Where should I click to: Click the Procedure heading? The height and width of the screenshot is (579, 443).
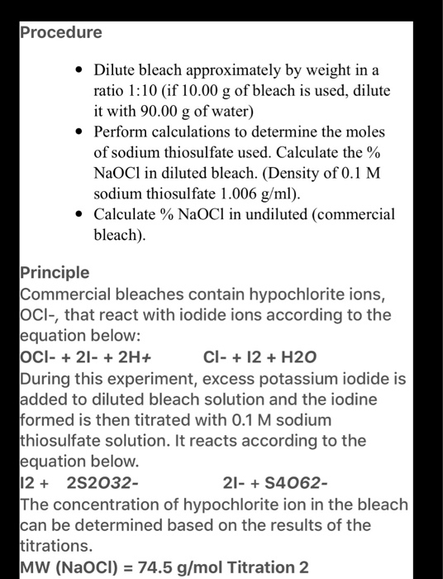[62, 32]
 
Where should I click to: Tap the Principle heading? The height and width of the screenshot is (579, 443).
[56, 272]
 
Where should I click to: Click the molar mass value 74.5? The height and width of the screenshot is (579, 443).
[165, 567]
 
